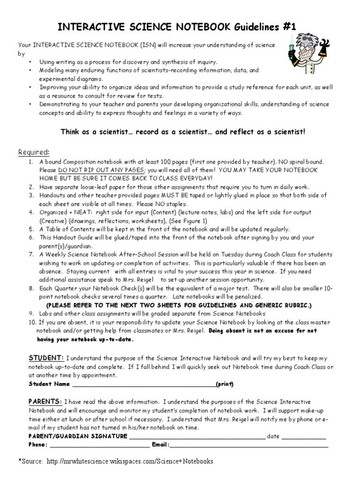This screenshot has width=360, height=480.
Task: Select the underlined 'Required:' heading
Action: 33,152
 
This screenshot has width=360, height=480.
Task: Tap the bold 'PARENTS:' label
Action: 46,402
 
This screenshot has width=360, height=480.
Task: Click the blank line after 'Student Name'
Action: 143,384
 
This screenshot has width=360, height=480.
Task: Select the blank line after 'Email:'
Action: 248,444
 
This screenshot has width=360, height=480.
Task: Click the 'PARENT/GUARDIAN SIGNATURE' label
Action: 78,436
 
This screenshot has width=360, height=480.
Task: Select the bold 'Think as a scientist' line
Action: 183,132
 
